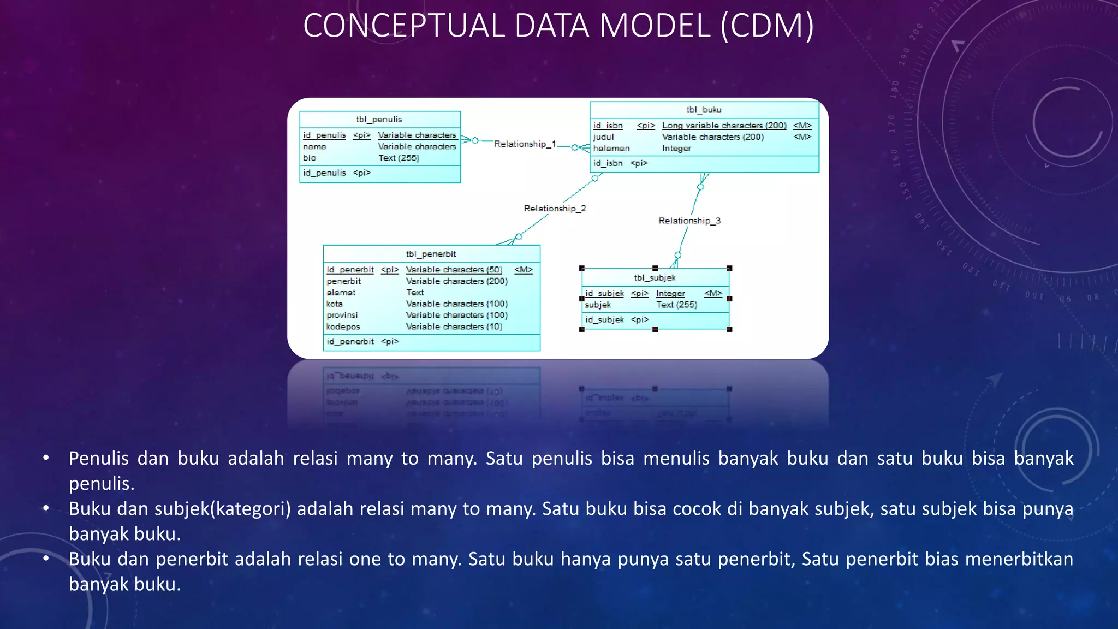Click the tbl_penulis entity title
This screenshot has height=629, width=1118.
[379, 120]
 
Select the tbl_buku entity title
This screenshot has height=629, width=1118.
[704, 110]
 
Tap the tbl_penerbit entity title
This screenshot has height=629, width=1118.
[431, 254]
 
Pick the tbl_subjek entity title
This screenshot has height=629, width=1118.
[655, 278]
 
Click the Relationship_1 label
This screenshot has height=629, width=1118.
[525, 144]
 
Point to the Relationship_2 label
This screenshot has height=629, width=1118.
[555, 209]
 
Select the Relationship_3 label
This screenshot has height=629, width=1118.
[689, 221]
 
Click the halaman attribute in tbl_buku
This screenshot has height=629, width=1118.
[611, 149]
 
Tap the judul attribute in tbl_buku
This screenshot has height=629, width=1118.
[603, 137]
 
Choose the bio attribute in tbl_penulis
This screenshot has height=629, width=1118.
[310, 158]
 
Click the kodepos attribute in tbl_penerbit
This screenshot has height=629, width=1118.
[343, 327]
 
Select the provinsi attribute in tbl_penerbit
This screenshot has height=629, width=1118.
[342, 316]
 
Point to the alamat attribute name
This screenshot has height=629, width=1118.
[341, 293]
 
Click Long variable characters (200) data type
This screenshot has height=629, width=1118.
[724, 126]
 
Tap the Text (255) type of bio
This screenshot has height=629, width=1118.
[399, 158]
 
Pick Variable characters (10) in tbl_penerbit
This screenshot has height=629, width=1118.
[454, 327]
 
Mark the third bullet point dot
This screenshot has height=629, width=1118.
[46, 559]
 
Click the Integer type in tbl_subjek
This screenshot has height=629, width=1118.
[670, 294]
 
